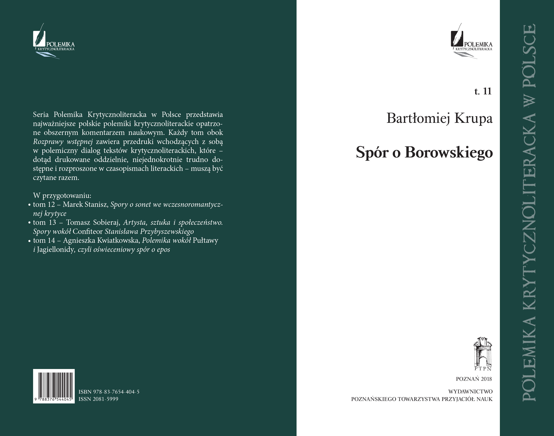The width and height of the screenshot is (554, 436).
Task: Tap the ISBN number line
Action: tap(109, 392)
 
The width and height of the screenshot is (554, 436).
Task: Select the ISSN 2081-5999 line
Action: tap(99, 399)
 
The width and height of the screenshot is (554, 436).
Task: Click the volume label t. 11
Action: tap(483, 91)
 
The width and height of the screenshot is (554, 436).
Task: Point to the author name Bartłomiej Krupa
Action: tap(439, 118)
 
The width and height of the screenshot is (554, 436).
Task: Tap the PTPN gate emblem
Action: tap(482, 353)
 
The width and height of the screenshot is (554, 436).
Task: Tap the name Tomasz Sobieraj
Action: tap(93, 223)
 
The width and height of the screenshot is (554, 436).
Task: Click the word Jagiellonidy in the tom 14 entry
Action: tap(55, 249)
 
